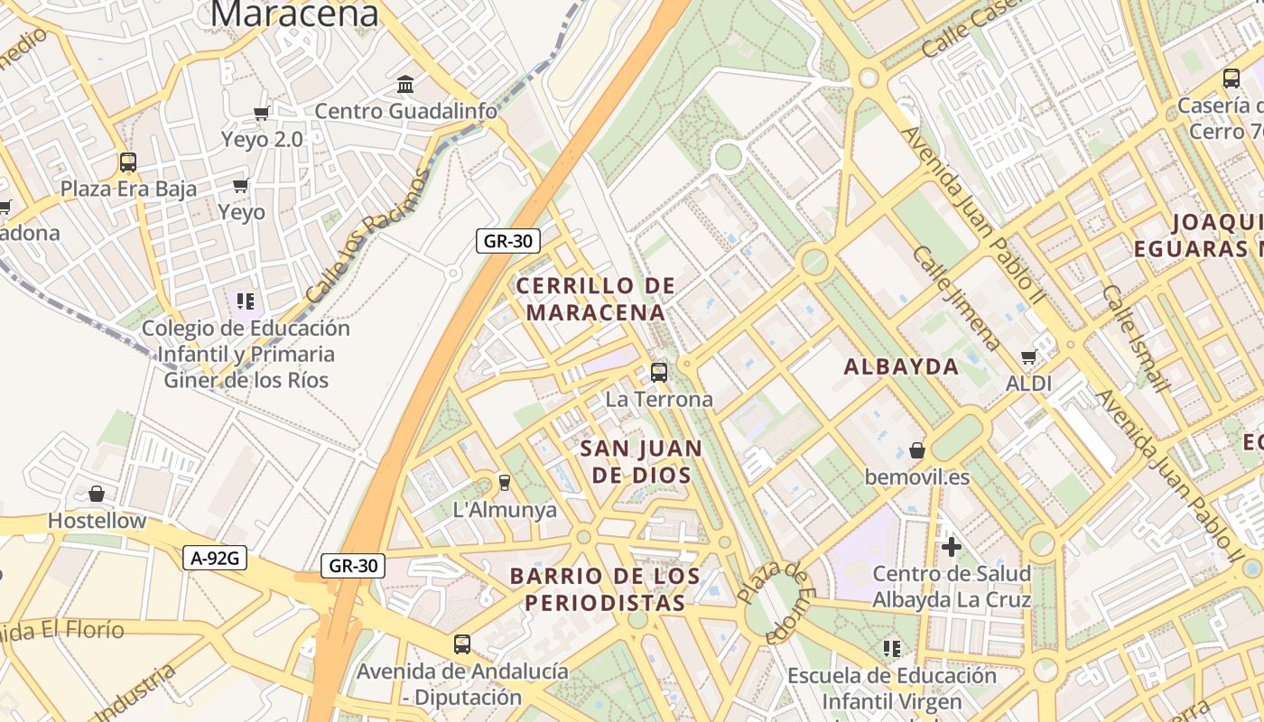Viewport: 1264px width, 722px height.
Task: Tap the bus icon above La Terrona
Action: (659, 372)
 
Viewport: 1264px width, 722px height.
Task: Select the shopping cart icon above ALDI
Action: (1028, 356)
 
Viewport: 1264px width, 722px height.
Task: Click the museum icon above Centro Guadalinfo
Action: (405, 85)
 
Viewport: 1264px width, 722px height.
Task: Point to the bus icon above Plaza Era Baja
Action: (128, 162)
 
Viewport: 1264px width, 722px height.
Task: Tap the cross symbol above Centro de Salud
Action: (951, 547)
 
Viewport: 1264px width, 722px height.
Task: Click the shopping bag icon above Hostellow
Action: (97, 494)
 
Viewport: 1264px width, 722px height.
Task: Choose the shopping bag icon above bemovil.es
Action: (917, 449)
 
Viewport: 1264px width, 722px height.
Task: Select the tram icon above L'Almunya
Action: (505, 483)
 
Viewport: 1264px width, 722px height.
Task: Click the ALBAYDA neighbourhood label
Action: (901, 366)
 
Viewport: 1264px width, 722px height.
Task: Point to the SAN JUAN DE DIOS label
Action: (641, 461)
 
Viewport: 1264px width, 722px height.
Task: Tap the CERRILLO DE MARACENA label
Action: (596, 299)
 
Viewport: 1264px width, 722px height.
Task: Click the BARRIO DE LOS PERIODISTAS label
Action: (605, 588)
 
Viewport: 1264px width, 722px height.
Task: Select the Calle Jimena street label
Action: (956, 298)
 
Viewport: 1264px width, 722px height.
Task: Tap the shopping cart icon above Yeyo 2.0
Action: (262, 113)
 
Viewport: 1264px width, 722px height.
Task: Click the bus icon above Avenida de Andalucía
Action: (462, 644)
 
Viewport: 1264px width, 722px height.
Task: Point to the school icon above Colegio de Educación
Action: (245, 301)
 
